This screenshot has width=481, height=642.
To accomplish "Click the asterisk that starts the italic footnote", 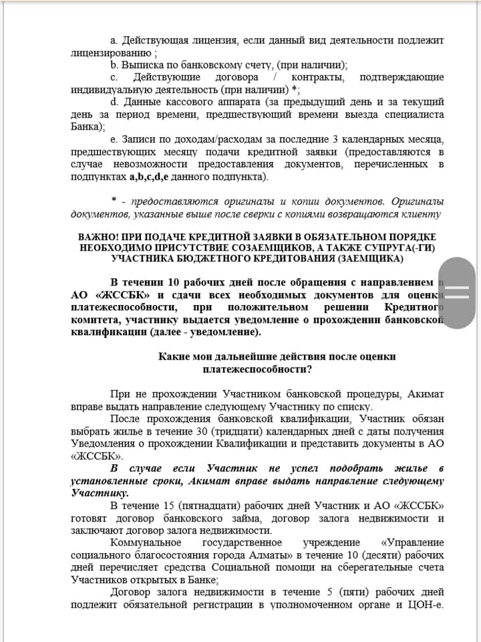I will tap(115, 201).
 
